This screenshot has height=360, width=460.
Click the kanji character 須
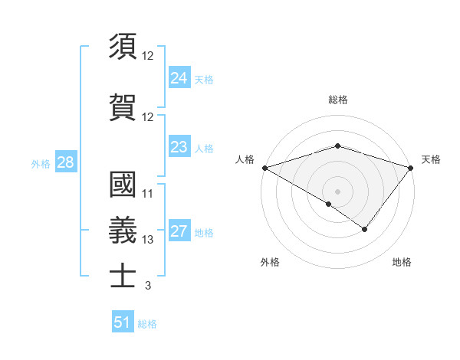pyautogui.click(x=123, y=47)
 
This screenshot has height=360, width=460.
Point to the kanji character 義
pyautogui.click(x=123, y=229)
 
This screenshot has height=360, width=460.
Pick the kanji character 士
pyautogui.click(x=123, y=275)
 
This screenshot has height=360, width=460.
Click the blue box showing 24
pyautogui.click(x=179, y=77)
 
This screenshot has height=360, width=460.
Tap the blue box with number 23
pyautogui.click(x=179, y=147)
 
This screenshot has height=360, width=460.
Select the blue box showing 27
pyautogui.click(x=179, y=231)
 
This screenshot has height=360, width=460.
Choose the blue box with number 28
pyautogui.click(x=65, y=162)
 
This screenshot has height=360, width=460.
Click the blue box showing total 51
pyautogui.click(x=123, y=322)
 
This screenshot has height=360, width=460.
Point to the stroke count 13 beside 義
pyautogui.click(x=148, y=240)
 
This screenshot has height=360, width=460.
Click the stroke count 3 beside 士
pyautogui.click(x=147, y=286)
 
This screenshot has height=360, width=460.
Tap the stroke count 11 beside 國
pyautogui.click(x=148, y=194)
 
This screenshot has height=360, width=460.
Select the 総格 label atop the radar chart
pyautogui.click(x=337, y=100)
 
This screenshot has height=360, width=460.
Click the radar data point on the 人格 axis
pyautogui.click(x=264, y=167)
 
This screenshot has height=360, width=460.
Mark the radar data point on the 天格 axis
pyautogui.click(x=412, y=167)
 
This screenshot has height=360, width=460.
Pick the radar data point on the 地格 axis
pyautogui.click(x=365, y=229)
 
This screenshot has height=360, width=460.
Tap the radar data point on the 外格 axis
pyautogui.click(x=329, y=204)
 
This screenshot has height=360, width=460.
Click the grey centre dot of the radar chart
pyautogui.click(x=337, y=191)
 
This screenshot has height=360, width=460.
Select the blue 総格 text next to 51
pyautogui.click(x=147, y=324)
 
